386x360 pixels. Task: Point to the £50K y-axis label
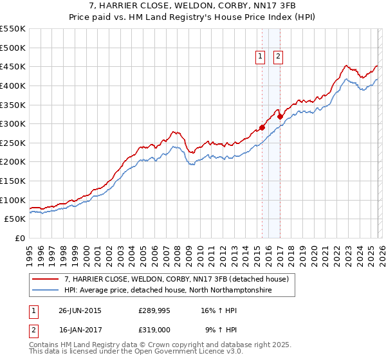[x=14, y=219]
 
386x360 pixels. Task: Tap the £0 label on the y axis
[x=19, y=238]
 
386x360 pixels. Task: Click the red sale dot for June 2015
[x=262, y=127]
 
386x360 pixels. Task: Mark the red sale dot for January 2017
[x=280, y=116]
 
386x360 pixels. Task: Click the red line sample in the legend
[x=46, y=280]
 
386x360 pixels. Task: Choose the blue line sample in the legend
[x=46, y=291]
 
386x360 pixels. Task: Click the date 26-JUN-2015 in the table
[x=80, y=310]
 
